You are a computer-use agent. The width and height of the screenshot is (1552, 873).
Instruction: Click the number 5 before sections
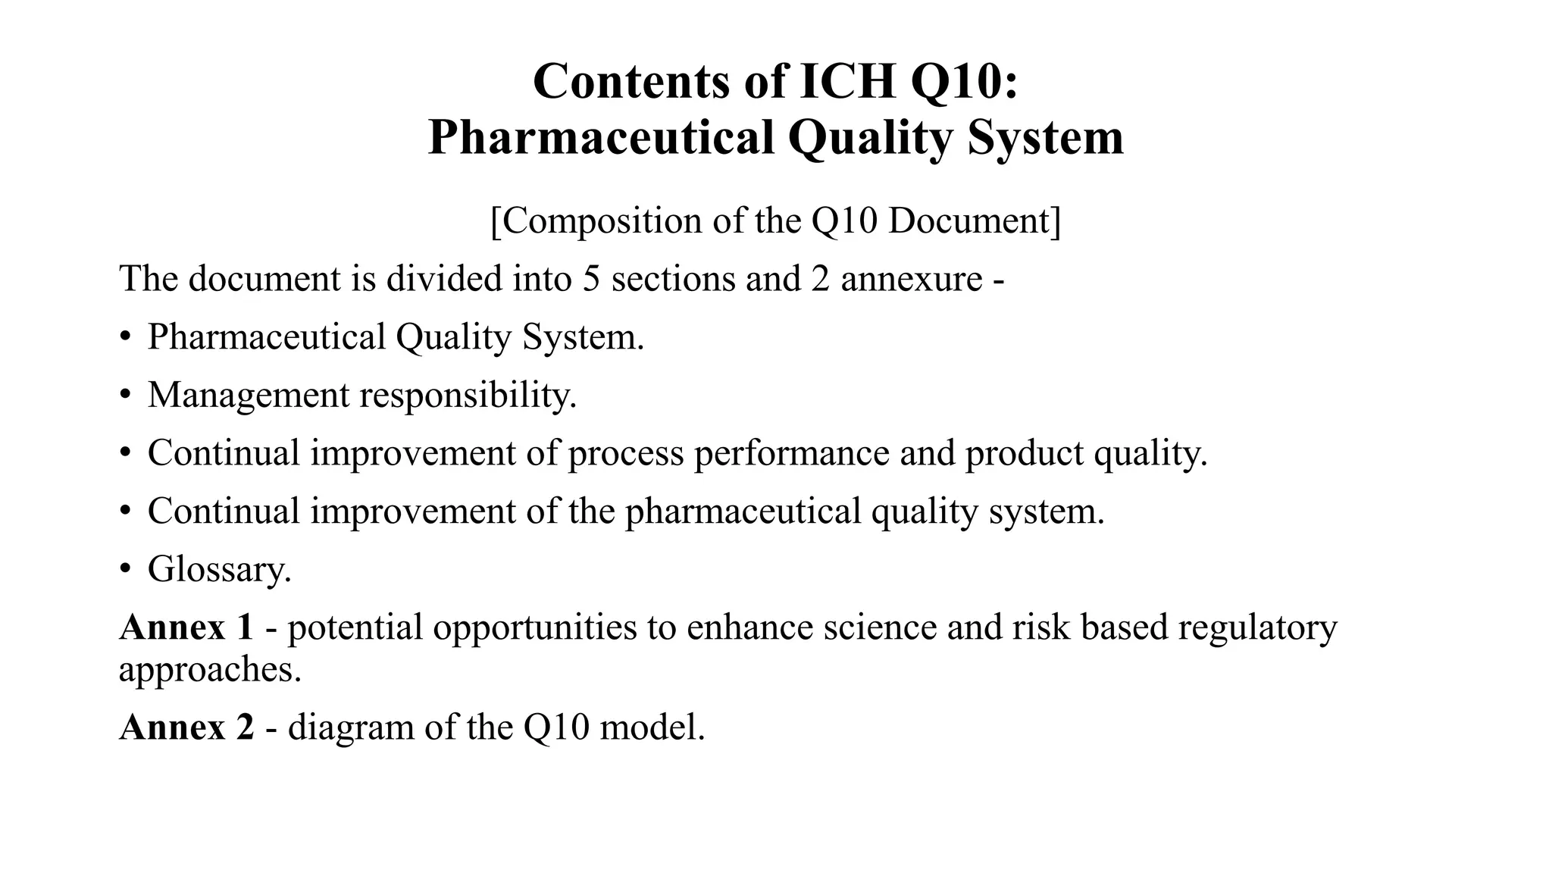(592, 278)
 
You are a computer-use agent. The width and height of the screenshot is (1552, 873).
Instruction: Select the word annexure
(912, 278)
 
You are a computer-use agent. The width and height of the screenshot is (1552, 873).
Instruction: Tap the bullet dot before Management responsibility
(125, 395)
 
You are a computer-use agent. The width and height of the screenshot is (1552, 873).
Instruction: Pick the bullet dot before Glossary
(125, 569)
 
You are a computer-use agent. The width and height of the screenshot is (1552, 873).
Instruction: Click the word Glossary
(219, 569)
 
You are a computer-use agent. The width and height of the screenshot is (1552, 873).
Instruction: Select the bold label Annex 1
(186, 627)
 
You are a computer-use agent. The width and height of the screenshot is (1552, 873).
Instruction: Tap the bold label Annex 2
(186, 727)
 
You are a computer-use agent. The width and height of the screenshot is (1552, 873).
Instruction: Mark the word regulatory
(1257, 627)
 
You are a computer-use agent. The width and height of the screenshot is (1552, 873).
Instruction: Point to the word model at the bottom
(651, 727)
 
